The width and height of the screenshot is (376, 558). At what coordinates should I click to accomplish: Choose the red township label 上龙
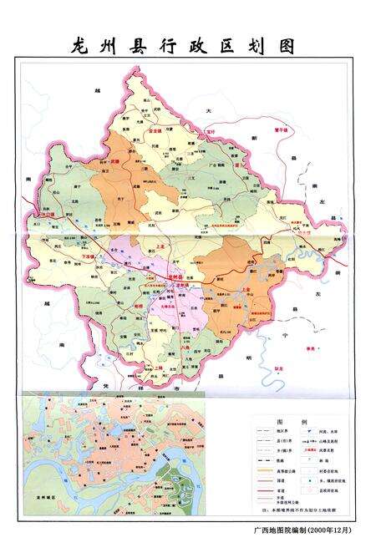click(x=160, y=246)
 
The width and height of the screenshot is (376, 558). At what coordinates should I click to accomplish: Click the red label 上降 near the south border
click(x=158, y=366)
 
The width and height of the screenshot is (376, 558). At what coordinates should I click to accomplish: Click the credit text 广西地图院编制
click(x=278, y=529)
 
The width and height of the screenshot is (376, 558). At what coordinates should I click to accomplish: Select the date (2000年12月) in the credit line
click(x=330, y=529)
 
